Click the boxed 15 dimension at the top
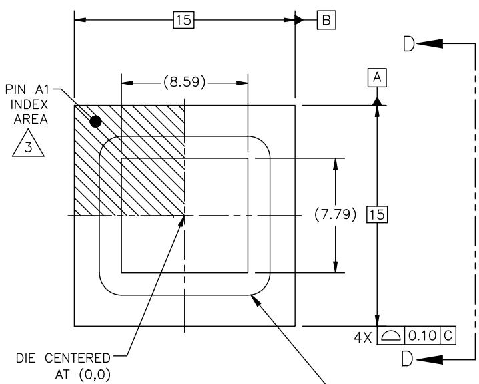[184, 20]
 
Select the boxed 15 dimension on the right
[377, 214]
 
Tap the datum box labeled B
[326, 20]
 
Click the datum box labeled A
[377, 78]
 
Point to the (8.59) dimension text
[185, 82]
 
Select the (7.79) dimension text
[335, 214]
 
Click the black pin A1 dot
[95, 122]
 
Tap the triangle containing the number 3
[28, 143]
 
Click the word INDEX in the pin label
[29, 105]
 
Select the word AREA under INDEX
[31, 120]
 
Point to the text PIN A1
[27, 90]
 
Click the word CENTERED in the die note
[77, 358]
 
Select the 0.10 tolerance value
[422, 336]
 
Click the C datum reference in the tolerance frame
[448, 336]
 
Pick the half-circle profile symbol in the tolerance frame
[391, 336]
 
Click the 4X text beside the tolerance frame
[363, 337]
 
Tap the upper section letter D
[409, 43]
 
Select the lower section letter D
[407, 359]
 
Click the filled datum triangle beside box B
[300, 20]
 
